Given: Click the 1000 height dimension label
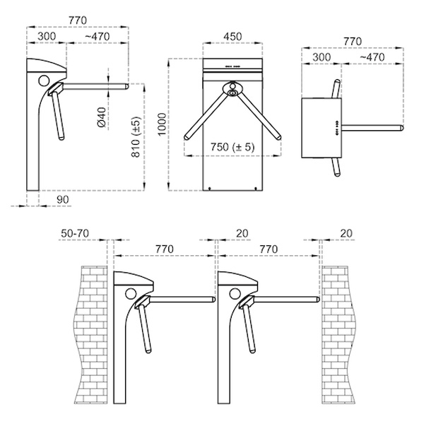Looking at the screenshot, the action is coord(162,124).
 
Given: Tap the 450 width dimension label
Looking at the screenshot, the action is coord(232,37).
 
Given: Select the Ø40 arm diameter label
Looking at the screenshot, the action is coord(101,117).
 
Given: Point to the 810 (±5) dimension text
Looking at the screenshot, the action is coord(136,137).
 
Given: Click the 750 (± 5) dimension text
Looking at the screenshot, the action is coord(232,147).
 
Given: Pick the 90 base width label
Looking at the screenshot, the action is coord(63,199).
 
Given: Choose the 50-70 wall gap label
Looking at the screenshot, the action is coord(75,233).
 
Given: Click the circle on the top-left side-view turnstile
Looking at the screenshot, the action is coord(44,81).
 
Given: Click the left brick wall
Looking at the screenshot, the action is coord(91,335).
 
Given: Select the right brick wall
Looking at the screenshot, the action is coord(338,335).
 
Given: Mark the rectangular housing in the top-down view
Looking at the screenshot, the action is coord(322,128).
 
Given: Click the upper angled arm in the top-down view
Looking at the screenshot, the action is coord(336,88).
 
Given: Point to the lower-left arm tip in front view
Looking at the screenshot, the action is coord(187,137).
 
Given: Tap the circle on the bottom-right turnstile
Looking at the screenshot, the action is coord(235,293).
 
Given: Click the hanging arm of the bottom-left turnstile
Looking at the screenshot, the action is coord(144,328).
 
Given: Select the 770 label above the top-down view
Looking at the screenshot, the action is coord(353,42).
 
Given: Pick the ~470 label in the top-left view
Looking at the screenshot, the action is coord(98,37).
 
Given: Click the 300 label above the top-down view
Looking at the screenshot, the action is coord(322,57).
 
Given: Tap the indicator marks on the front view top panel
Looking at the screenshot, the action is coord(232,66).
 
